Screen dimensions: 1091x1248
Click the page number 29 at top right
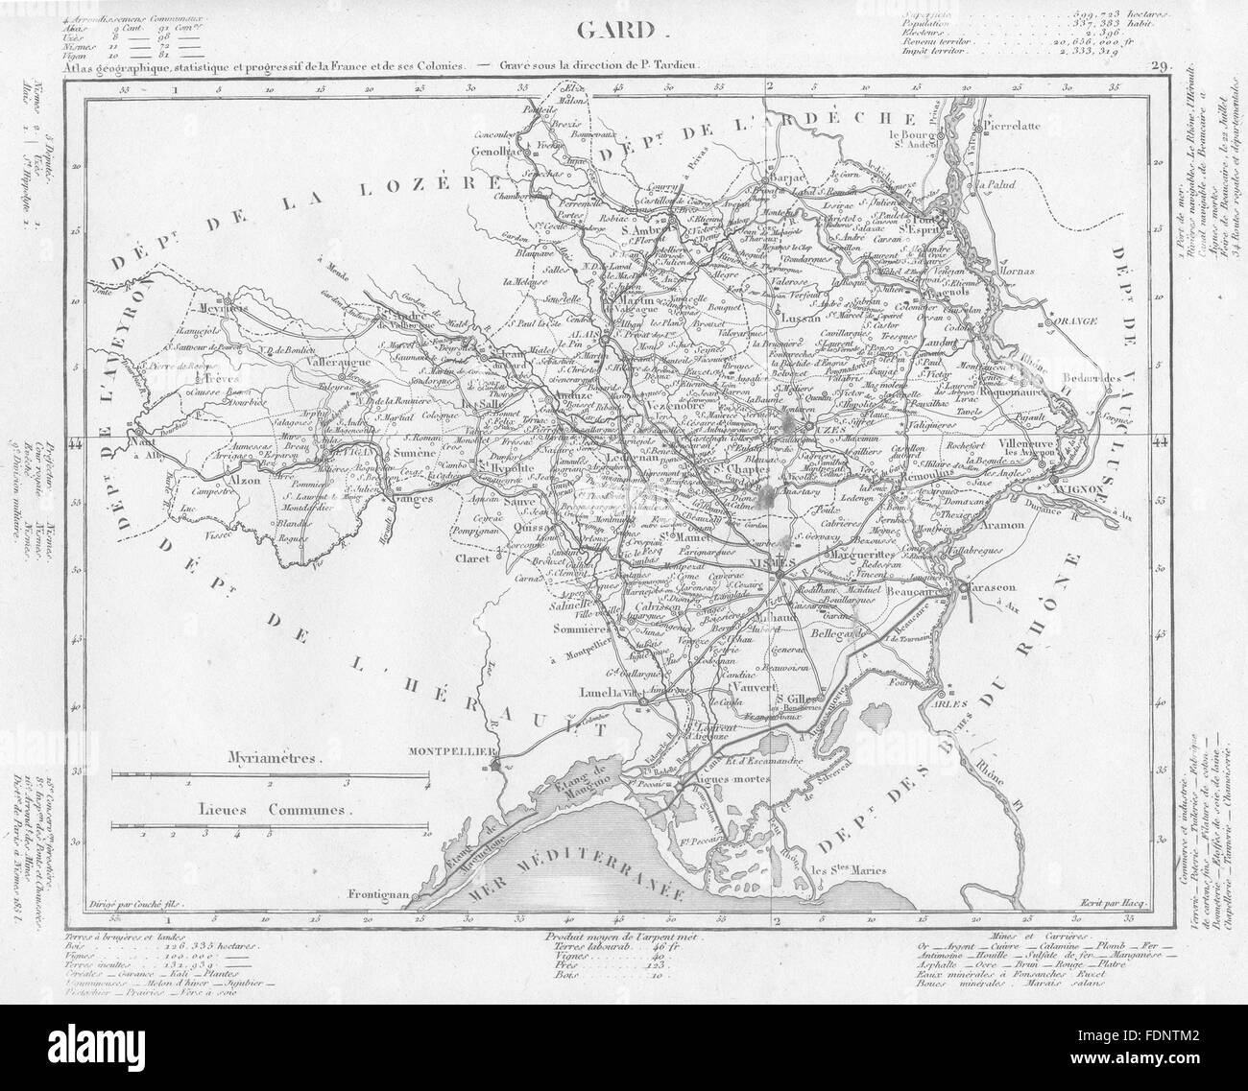(1158, 66)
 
